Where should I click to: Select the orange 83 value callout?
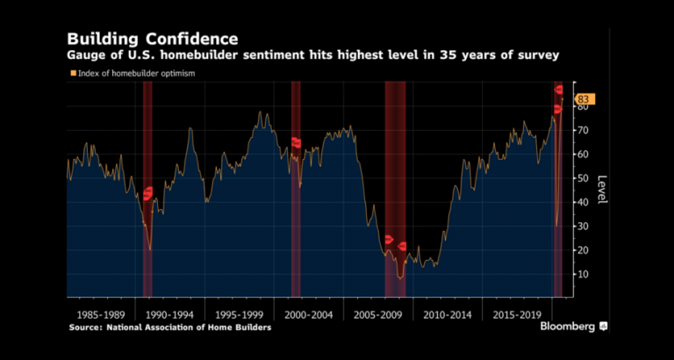583,100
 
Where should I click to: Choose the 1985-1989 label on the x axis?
100,313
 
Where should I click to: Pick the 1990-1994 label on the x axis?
169,313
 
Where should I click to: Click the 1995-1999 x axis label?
239,313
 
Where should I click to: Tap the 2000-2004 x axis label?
308,313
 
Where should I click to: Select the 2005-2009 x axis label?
377,313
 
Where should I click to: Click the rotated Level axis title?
602,190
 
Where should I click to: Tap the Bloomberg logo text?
564,326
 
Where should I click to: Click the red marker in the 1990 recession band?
147,192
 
